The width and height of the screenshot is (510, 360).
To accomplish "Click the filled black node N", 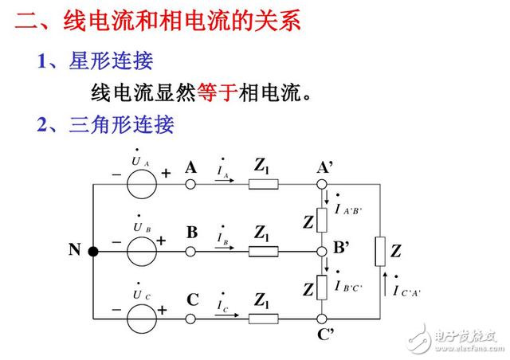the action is pos(93,252).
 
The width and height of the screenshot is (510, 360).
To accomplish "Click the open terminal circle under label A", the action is pos(190,185).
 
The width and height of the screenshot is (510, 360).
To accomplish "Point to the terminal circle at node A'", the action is pos(322,185).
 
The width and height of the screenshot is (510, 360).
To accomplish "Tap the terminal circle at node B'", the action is pos(322,252).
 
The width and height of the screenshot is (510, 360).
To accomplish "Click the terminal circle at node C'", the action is pos(322,319).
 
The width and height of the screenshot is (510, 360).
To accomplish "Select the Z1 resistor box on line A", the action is pos(264,185).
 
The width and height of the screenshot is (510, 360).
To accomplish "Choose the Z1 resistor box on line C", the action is pos(264,319).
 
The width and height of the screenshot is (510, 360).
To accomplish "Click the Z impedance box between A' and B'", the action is pos(322,220).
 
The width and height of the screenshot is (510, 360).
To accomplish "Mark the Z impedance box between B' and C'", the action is pos(322,288).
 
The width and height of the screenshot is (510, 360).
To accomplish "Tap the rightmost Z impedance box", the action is pos(380,252).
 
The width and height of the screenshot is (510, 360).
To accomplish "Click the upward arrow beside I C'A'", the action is pos(385,284).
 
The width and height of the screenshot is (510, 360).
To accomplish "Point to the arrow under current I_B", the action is pos(225,248).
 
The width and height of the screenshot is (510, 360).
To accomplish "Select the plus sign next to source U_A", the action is pos(166,174).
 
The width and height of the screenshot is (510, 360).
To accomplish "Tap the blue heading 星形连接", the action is pos(111,61).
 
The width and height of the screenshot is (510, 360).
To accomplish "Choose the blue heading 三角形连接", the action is pos(121,124).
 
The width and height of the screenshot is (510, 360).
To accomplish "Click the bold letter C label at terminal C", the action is pos(193,299).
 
